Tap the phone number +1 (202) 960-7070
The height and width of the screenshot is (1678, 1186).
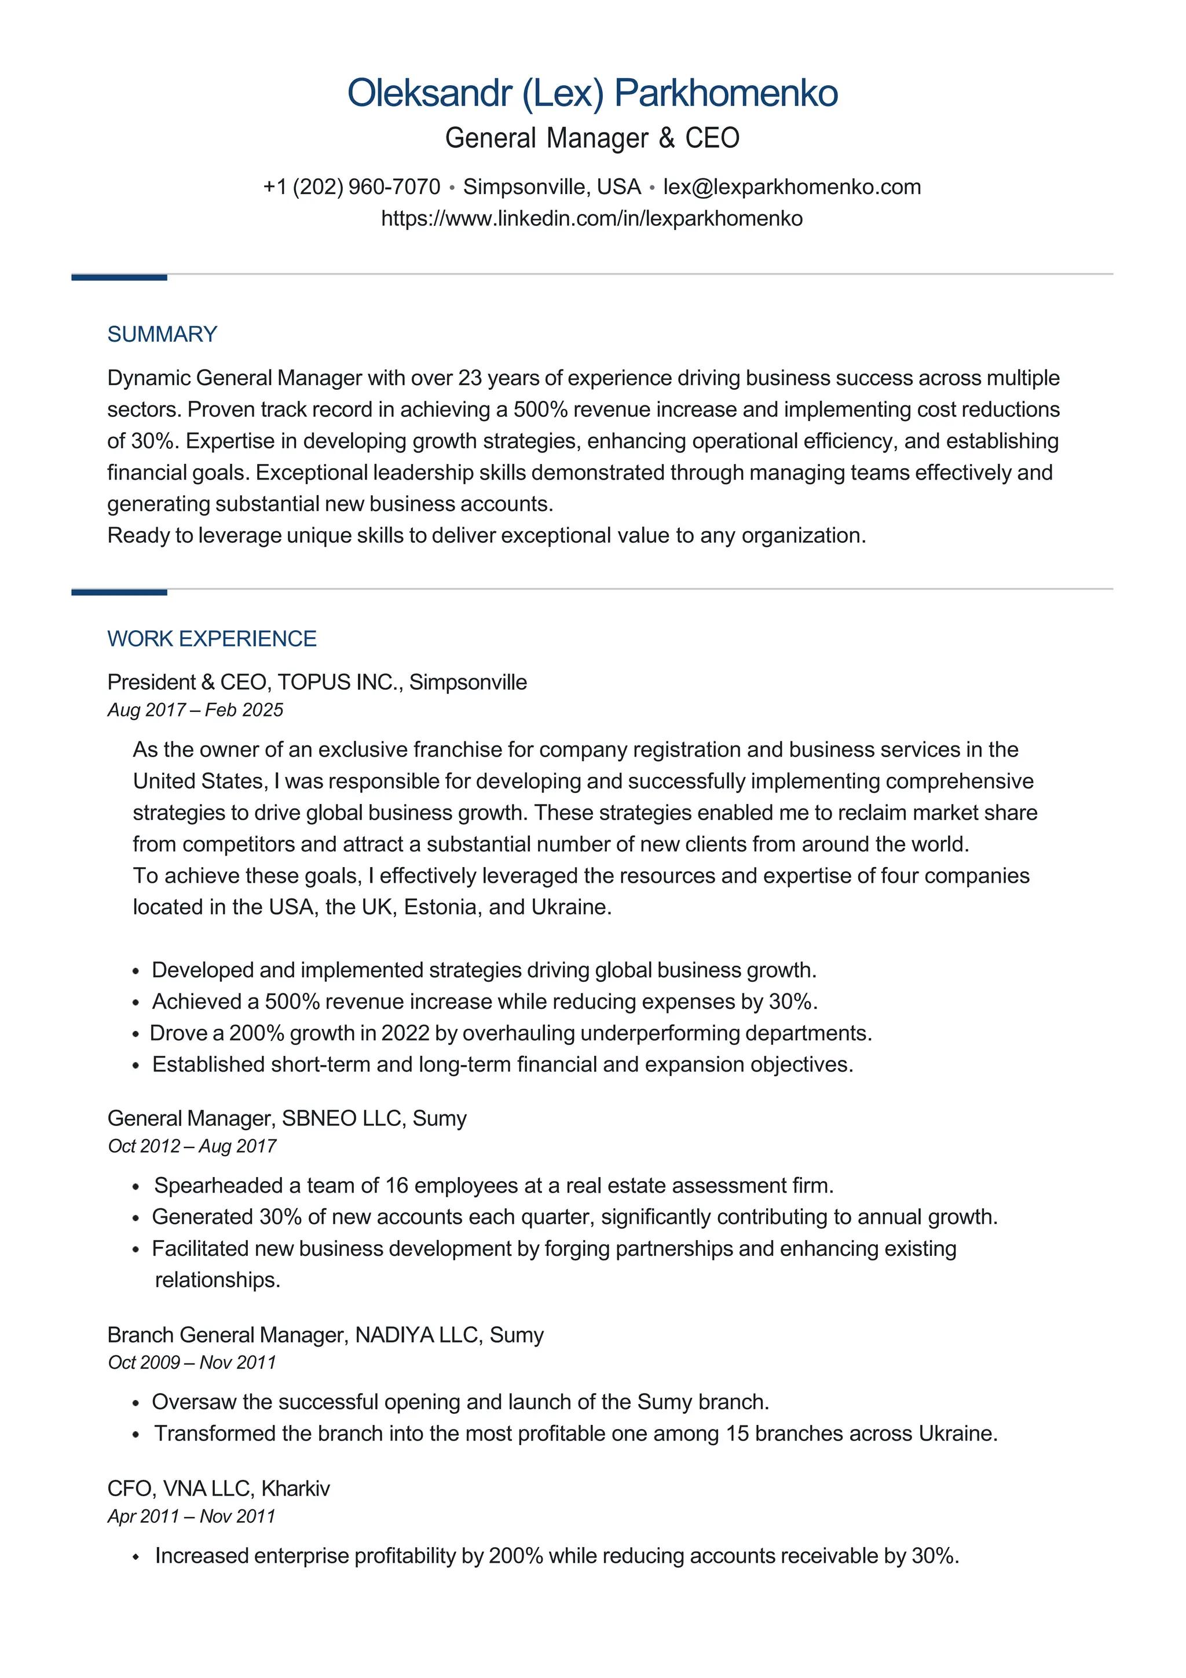tap(352, 187)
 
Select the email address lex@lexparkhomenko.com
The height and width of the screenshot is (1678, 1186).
tap(792, 187)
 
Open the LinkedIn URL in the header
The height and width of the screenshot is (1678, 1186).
tap(592, 218)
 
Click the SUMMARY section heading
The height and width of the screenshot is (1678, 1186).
tap(162, 334)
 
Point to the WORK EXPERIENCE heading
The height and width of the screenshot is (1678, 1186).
tap(212, 639)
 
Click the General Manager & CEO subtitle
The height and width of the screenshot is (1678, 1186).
tap(592, 138)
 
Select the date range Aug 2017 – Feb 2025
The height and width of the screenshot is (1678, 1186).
tap(195, 710)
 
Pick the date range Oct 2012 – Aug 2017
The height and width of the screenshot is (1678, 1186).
tap(192, 1146)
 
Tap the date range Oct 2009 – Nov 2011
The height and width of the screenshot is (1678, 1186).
tap(192, 1362)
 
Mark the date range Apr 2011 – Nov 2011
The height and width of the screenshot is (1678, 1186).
tap(191, 1516)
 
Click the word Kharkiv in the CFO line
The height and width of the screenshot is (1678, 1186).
tap(295, 1488)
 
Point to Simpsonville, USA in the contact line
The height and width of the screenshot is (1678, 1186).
tap(552, 187)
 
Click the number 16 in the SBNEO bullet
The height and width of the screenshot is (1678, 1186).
tap(396, 1186)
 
